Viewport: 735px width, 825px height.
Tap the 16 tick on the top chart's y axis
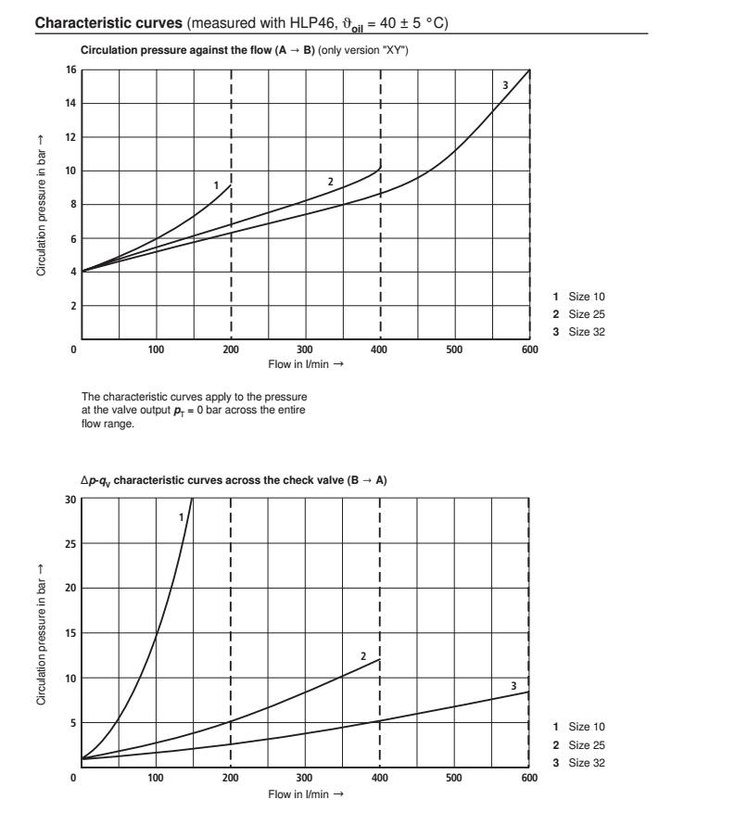tap(71, 70)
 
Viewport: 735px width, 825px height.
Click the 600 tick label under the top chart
tap(529, 350)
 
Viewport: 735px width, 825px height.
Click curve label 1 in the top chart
tap(216, 185)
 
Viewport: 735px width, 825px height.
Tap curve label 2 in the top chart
tap(329, 180)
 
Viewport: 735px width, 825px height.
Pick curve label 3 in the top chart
tap(504, 86)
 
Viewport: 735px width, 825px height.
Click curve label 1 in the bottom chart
tap(181, 516)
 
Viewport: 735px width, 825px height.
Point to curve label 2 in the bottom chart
tap(364, 655)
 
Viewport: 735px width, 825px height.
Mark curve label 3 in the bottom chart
tap(513, 685)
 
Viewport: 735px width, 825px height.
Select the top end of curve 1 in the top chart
tap(230, 185)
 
